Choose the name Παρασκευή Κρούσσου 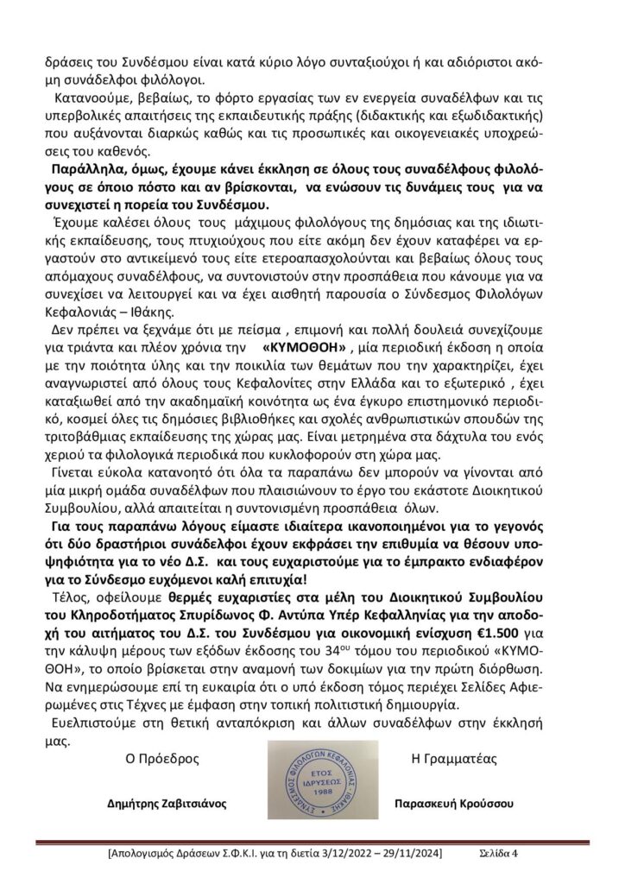pos(453,802)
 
